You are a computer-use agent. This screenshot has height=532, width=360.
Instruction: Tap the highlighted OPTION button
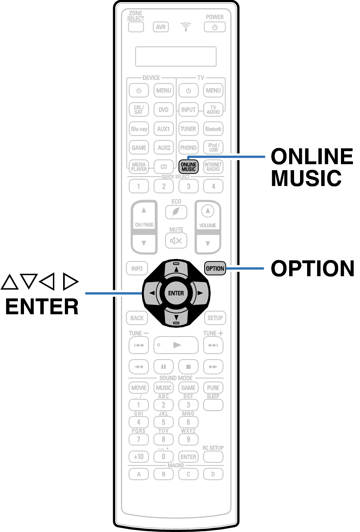[x=215, y=268]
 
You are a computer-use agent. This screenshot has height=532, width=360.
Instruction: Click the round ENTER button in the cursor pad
[x=176, y=293]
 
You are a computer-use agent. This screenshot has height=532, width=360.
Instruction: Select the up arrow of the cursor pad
[x=176, y=269]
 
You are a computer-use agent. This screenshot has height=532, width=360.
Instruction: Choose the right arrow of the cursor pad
[x=200, y=293]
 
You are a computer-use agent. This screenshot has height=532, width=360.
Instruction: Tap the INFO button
[x=137, y=268]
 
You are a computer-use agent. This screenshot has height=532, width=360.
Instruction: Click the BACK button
[x=137, y=318]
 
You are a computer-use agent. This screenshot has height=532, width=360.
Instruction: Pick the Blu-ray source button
[x=139, y=129]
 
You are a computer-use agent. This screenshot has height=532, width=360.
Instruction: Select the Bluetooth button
[x=213, y=129]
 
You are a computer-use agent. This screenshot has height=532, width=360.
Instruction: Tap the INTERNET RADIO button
[x=213, y=167]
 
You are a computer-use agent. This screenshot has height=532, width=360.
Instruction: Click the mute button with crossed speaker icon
[x=176, y=241]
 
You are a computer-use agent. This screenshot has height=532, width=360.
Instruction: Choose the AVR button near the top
[x=161, y=27]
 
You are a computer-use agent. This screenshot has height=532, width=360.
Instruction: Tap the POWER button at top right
[x=215, y=27]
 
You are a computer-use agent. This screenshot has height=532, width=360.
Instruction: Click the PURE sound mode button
[x=213, y=388]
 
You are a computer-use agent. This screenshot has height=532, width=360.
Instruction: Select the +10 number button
[x=139, y=457]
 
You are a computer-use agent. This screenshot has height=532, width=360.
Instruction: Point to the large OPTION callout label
[x=312, y=268]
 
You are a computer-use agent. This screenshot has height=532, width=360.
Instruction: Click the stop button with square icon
[x=188, y=367]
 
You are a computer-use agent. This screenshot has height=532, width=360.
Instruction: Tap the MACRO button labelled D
[x=213, y=474]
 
